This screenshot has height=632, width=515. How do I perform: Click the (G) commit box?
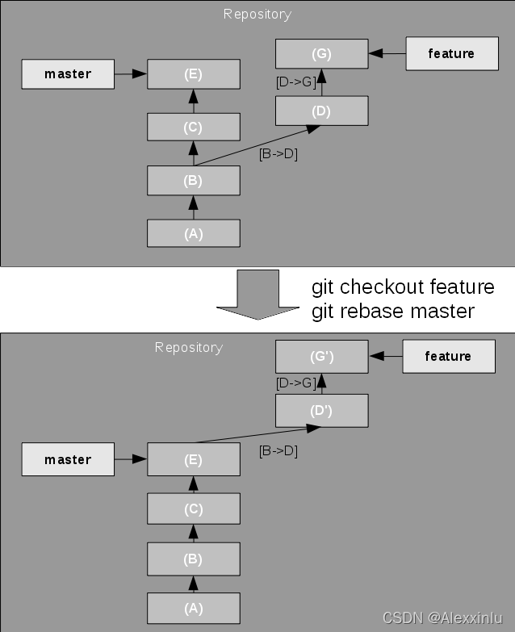pyautogui.click(x=321, y=54)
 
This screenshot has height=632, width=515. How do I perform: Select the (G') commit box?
pyautogui.click(x=321, y=356)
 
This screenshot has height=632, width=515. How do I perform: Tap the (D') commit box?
pyautogui.click(x=321, y=411)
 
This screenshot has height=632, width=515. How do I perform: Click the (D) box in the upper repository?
pyautogui.click(x=321, y=111)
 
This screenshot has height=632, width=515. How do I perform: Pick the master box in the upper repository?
pyautogui.click(x=68, y=74)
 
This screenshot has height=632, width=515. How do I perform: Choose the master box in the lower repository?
pyautogui.click(x=68, y=460)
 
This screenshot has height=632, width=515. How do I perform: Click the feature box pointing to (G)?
pyautogui.click(x=450, y=54)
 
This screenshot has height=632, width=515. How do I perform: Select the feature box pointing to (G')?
pyautogui.click(x=448, y=356)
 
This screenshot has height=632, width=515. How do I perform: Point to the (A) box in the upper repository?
pyautogui.click(x=193, y=233)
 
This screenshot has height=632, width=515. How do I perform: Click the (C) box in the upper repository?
pyautogui.click(x=193, y=127)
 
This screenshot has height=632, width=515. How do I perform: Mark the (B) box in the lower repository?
pyautogui.click(x=193, y=558)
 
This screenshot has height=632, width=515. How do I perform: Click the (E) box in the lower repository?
pyautogui.click(x=193, y=460)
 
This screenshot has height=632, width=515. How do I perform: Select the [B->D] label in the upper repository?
pyautogui.click(x=278, y=154)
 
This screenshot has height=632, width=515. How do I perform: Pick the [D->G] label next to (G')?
pyautogui.click(x=295, y=383)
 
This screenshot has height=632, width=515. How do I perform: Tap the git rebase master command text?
pyautogui.click(x=393, y=311)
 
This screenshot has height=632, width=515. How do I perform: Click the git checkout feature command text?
pyautogui.click(x=403, y=288)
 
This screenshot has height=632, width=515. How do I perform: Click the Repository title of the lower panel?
pyautogui.click(x=188, y=347)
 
